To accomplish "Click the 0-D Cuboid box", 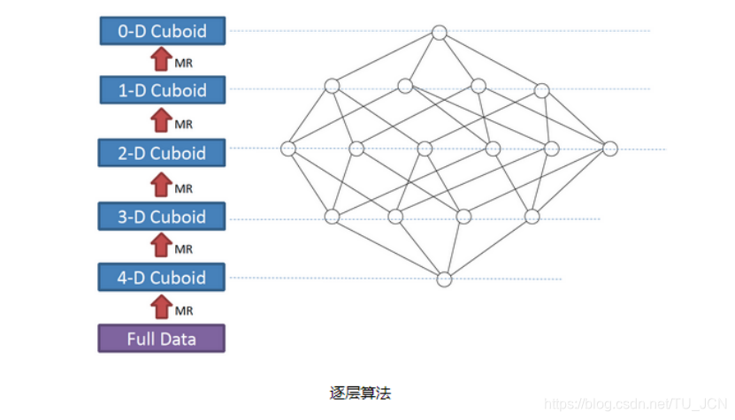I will coord(162,31).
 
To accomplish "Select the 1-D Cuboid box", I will coord(162,90).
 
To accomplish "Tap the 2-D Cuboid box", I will coord(162,153).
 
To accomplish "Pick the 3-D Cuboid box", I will coord(162,217).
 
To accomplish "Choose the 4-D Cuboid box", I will coord(162,278).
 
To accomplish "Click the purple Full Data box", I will coord(162,339).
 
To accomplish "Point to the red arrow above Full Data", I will coord(161,308).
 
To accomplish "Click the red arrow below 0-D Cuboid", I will coord(161,59).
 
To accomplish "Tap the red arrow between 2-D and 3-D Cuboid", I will coord(161,185).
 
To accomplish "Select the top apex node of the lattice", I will coord(440,33).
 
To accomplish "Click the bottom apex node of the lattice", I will coord(445,279).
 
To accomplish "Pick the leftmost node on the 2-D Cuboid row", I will coord(288,149).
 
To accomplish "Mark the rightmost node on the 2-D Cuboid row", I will coord(609,149).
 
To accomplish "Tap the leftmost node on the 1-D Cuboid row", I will coord(332,86).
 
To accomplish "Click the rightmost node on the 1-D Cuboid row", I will coord(541,89).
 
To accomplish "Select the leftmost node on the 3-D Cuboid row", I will coord(333,217).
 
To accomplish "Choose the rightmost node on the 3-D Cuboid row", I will coord(532,217).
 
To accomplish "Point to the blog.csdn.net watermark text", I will coord(635,404).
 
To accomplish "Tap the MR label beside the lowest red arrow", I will coord(184,311).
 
